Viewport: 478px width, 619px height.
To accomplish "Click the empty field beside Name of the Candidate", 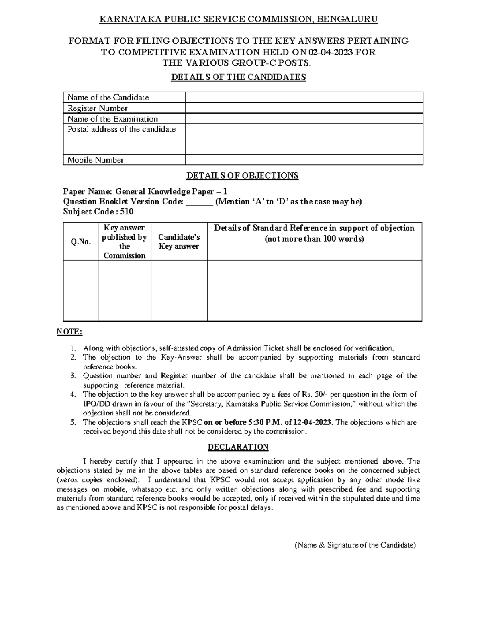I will (x=304, y=97).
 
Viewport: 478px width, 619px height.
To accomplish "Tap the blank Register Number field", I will (x=304, y=108).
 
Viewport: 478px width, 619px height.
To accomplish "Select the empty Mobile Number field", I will (x=304, y=160).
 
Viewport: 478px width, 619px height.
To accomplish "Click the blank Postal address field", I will (x=304, y=139).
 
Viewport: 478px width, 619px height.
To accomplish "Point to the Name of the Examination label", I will (x=112, y=119).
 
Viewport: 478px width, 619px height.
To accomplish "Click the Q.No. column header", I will (x=81, y=242).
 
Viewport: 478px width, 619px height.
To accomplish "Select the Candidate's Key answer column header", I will (x=179, y=242).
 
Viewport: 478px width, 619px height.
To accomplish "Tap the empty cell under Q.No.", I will (x=81, y=291).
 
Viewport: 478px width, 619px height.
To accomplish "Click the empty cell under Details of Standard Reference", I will (x=314, y=291).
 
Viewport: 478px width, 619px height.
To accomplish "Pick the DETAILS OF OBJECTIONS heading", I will (x=243, y=175).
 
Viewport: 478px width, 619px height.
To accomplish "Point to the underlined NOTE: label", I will (x=70, y=332).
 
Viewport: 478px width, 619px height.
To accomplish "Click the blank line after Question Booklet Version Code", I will (x=200, y=202).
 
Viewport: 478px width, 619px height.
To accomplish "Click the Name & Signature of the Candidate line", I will (x=355, y=545).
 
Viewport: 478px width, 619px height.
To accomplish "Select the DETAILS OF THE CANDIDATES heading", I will (x=238, y=77).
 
